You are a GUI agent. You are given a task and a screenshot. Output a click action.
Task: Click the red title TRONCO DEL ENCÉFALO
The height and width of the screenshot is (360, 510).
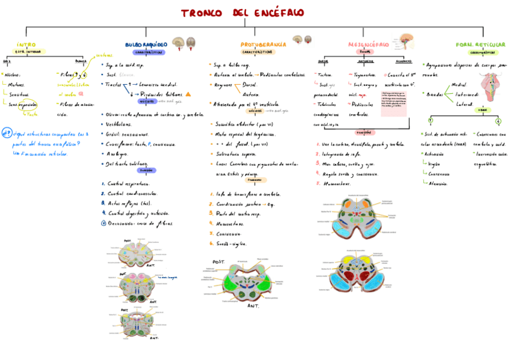tap(243, 13)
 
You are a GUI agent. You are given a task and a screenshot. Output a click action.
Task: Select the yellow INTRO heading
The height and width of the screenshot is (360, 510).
tap(26, 44)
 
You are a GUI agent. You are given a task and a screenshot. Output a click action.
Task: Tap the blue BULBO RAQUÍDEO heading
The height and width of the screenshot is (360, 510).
tap(146, 44)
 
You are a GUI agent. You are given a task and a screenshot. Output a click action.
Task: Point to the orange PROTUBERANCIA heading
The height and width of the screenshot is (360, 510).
tap(263, 44)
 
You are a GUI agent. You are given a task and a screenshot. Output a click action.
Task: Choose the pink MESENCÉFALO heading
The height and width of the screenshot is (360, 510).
tap(369, 44)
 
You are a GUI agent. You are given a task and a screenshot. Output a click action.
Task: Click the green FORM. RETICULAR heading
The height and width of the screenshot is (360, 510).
tap(481, 44)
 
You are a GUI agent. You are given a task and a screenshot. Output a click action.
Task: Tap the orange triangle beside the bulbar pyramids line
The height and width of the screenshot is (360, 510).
tap(188, 94)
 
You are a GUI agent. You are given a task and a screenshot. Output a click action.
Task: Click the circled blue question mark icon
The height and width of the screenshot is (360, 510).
tap(7, 133)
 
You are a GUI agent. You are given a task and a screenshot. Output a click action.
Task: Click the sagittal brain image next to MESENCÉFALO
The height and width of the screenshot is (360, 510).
tap(407, 41)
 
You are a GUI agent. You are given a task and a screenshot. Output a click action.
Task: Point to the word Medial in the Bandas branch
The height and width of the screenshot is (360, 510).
tap(458, 85)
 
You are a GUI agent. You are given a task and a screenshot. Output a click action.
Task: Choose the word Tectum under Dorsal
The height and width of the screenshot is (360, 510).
tap(325, 75)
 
